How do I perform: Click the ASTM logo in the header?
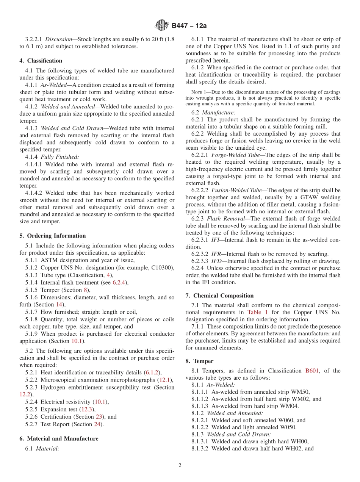pyautogui.click(x=162, y=25)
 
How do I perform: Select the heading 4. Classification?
pyautogui.click(x=41, y=61)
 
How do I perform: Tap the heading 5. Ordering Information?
pyautogui.click(x=53, y=236)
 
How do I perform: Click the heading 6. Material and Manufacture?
pyautogui.click(x=59, y=438)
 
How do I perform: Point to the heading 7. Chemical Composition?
pyautogui.click(x=219, y=296)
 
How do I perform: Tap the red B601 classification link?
pyautogui.click(x=312, y=371)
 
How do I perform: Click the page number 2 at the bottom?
pyautogui.click(x=180, y=466)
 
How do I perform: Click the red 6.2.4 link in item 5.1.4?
pyautogui.click(x=120, y=282)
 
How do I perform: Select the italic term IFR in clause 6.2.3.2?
pyautogui.click(x=218, y=254)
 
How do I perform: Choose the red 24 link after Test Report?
pyautogui.click(x=97, y=424)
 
